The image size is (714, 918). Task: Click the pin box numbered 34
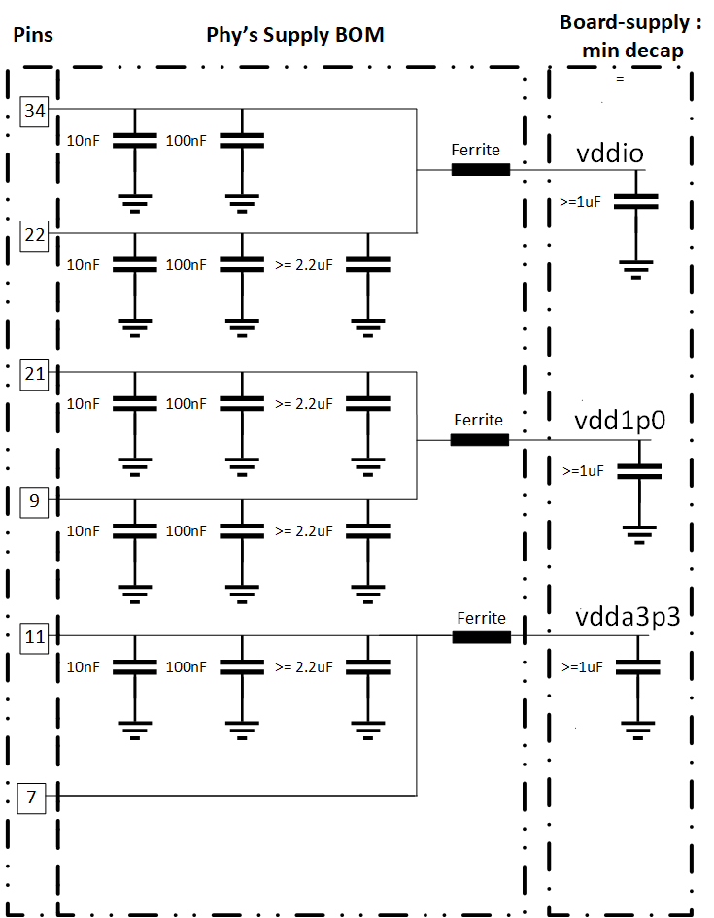(x=35, y=111)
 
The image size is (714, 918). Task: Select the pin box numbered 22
(x=35, y=234)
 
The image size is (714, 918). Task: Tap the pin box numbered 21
(x=35, y=374)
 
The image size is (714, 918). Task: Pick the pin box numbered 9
(x=35, y=501)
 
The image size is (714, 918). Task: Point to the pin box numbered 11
(x=35, y=637)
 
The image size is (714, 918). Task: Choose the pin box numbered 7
(x=32, y=798)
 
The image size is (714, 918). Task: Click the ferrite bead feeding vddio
(x=480, y=170)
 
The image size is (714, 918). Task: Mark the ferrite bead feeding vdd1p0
(x=479, y=440)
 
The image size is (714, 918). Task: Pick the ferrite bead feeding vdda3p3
(x=481, y=637)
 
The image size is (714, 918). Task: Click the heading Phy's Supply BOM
(x=295, y=36)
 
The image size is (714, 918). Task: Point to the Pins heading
(x=32, y=36)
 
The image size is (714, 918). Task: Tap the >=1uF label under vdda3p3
(x=584, y=667)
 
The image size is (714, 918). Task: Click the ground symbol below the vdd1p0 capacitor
(x=639, y=531)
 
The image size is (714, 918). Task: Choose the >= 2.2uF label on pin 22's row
(x=304, y=264)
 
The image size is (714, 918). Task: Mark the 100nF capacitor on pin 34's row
(x=242, y=142)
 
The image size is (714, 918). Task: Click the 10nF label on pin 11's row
(x=83, y=667)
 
